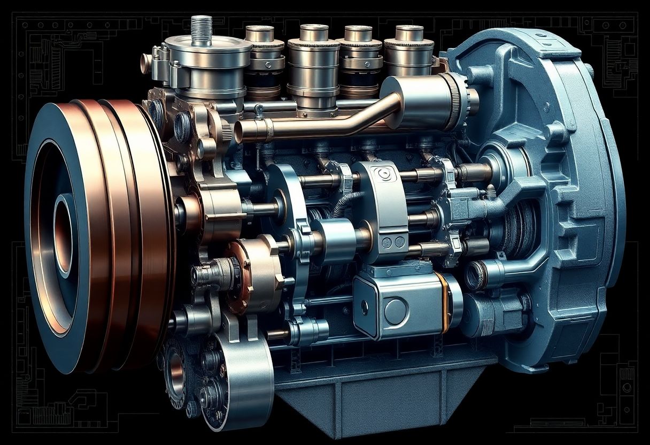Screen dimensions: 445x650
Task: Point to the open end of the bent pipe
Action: (238, 132)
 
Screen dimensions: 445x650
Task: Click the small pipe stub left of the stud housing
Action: (145, 63)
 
